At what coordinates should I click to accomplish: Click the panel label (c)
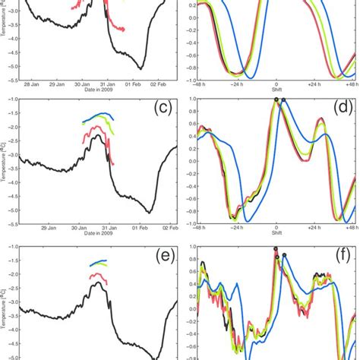pyautogui.click(x=163, y=108)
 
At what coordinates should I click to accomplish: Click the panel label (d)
pyautogui.click(x=343, y=108)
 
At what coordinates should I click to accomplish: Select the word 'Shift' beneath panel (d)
pyautogui.click(x=276, y=235)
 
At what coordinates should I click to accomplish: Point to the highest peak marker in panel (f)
pyautogui.click(x=276, y=248)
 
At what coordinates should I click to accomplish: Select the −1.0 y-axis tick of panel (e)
pyautogui.click(x=9, y=248)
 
